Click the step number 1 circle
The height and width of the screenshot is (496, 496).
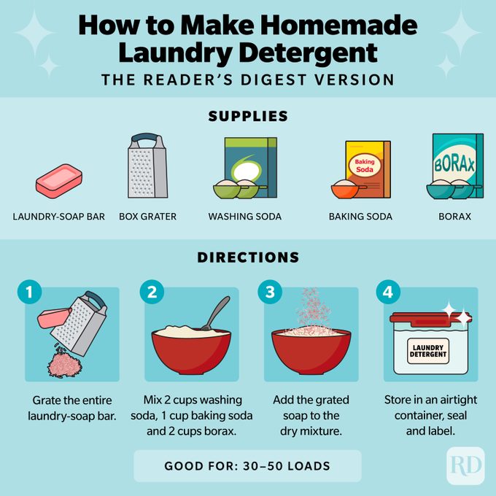28,293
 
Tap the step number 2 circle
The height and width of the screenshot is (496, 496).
151,293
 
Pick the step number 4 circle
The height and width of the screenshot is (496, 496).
387,293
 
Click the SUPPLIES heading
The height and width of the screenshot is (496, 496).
248,116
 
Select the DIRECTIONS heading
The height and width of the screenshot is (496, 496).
248,257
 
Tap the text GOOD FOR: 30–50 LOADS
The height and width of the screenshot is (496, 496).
247,466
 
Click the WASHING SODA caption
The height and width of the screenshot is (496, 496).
244,217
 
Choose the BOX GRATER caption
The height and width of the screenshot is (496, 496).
147,217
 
